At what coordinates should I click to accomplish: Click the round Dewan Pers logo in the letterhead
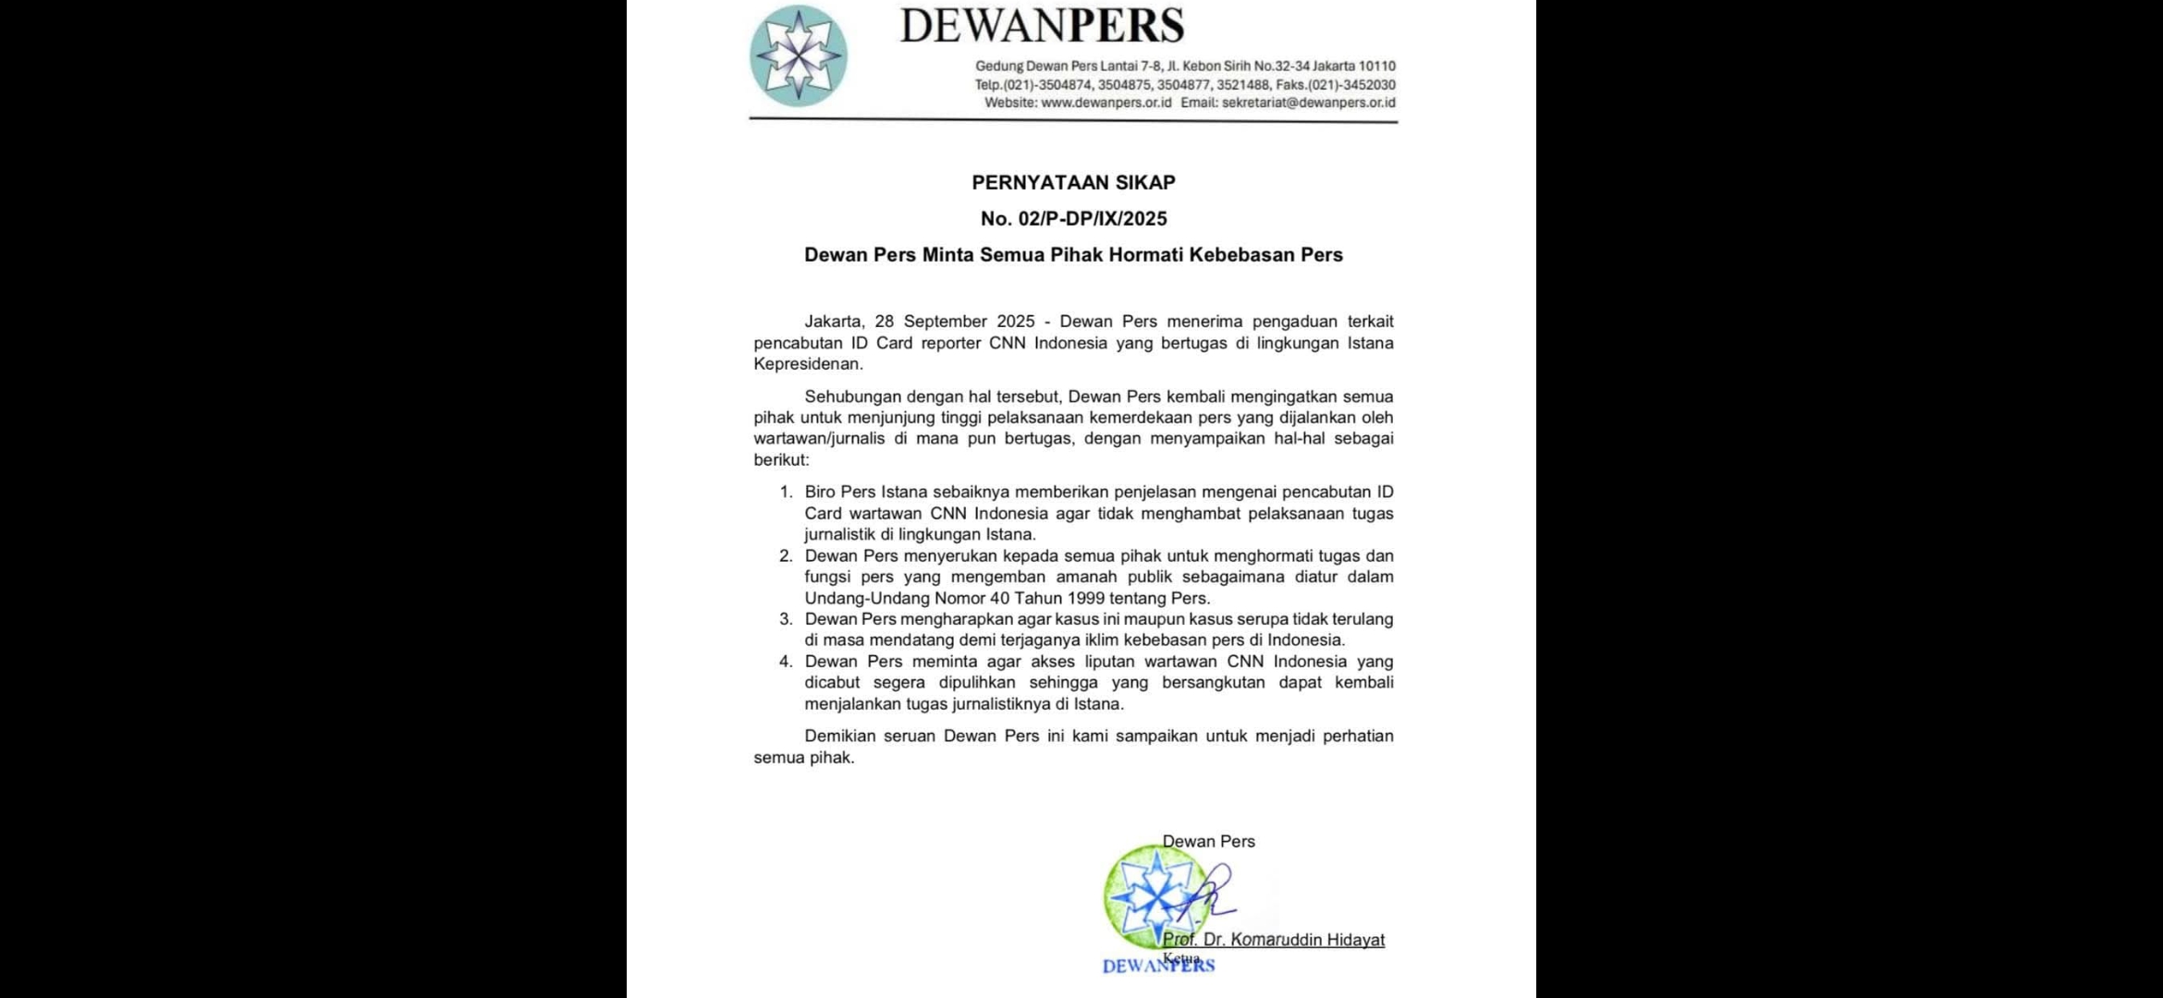[x=798, y=55]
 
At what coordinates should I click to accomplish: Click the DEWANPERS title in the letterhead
[x=1042, y=26]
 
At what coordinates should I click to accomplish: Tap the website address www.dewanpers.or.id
[x=1106, y=103]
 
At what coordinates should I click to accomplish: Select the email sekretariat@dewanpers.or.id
[x=1308, y=103]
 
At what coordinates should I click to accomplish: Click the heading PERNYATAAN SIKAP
[x=1073, y=183]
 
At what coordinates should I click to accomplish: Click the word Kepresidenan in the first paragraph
[x=807, y=364]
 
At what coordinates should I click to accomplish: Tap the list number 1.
[x=786, y=492]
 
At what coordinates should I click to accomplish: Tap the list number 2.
[x=786, y=555]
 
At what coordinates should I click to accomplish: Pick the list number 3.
[x=786, y=619]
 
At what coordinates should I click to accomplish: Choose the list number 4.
[x=786, y=662]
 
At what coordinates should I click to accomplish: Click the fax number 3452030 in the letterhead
[x=1370, y=85]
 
